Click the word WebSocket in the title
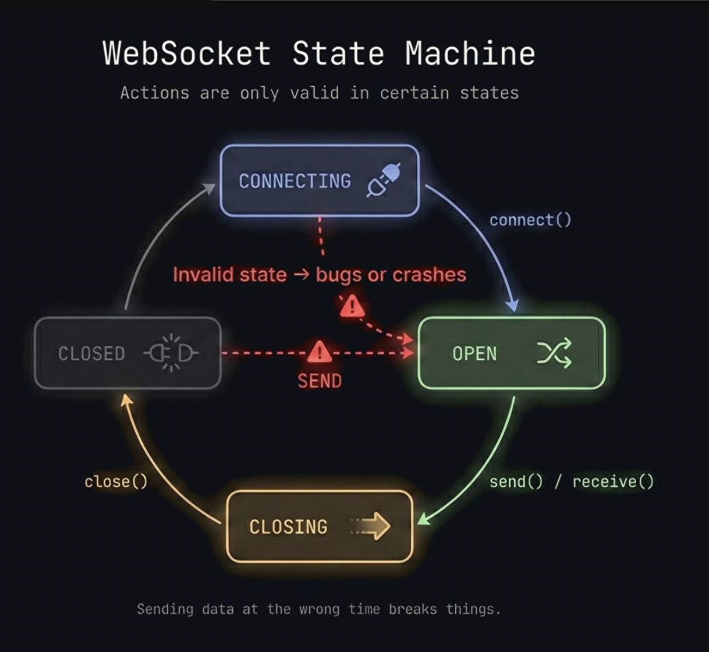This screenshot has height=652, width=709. point(186,53)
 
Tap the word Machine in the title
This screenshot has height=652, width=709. point(470,53)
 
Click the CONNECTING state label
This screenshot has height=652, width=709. point(295,181)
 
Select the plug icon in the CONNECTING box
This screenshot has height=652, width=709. point(384,180)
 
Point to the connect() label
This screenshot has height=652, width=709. point(530,220)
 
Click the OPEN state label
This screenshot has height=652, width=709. point(474,353)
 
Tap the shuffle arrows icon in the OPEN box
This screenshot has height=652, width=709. point(554,353)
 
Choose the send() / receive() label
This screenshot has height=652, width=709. point(571,481)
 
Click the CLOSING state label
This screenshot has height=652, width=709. point(288,527)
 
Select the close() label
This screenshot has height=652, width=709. point(116,481)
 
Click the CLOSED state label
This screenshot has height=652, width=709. point(91,353)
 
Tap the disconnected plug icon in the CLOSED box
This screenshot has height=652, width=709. point(171,353)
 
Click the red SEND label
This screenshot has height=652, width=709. point(320,381)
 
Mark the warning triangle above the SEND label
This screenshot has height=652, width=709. point(318,352)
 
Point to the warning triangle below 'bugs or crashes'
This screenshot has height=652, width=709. point(352,306)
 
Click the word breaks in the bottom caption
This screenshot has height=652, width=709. point(413,610)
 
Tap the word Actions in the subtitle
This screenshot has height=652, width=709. point(154,93)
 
